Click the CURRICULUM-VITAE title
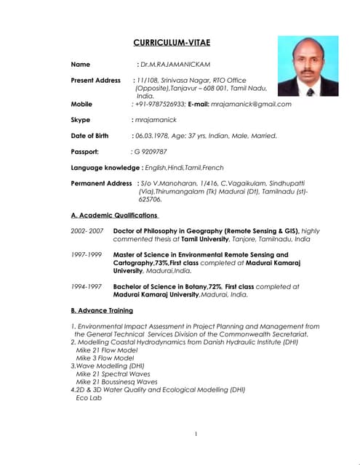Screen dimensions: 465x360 click(171, 43)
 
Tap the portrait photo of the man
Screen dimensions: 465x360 click(308, 67)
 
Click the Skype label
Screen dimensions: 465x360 click(81, 119)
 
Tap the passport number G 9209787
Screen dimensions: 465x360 click(151, 151)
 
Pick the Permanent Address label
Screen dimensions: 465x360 click(100, 183)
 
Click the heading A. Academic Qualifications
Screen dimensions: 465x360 click(114, 215)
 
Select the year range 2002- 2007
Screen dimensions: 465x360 click(87, 230)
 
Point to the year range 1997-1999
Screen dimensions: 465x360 click(87, 255)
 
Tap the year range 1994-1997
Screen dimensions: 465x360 click(87, 286)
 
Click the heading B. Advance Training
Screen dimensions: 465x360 click(102, 310)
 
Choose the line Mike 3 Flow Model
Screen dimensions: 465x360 click(105, 357)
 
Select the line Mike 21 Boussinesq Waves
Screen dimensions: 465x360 click(116, 381)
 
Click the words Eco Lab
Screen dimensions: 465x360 click(89, 397)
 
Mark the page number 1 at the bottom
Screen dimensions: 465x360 click(196, 434)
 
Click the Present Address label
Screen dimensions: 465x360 click(95, 80)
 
